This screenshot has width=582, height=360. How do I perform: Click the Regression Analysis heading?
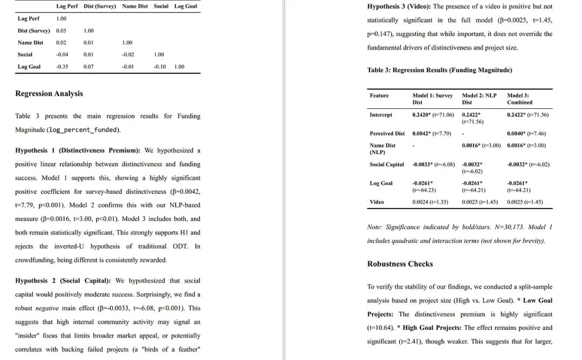[x=49, y=94]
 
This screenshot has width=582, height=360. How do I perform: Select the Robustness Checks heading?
[x=400, y=264]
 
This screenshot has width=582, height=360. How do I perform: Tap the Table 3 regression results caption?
[x=440, y=70]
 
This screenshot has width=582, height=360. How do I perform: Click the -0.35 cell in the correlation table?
[x=62, y=67]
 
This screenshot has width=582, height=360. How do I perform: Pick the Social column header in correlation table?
[x=161, y=6]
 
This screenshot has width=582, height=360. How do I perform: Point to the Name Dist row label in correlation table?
[x=30, y=43]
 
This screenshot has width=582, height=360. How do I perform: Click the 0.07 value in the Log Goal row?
[x=88, y=67]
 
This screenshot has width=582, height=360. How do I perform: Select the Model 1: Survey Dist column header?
[x=432, y=99]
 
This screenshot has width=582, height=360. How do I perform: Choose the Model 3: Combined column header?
[x=519, y=99]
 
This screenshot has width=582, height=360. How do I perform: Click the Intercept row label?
[x=381, y=115]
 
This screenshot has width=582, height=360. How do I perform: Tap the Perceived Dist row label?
[x=387, y=133]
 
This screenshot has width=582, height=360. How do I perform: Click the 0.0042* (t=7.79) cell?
[x=432, y=133]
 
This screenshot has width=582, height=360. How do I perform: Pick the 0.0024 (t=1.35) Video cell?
[x=431, y=202]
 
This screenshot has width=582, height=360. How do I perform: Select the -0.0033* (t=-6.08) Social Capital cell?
[x=433, y=164]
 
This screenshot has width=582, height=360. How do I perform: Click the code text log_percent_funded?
[x=84, y=130]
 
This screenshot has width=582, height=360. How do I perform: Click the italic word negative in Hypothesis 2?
[x=47, y=308]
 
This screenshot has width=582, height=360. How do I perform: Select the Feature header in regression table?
[x=379, y=95]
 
